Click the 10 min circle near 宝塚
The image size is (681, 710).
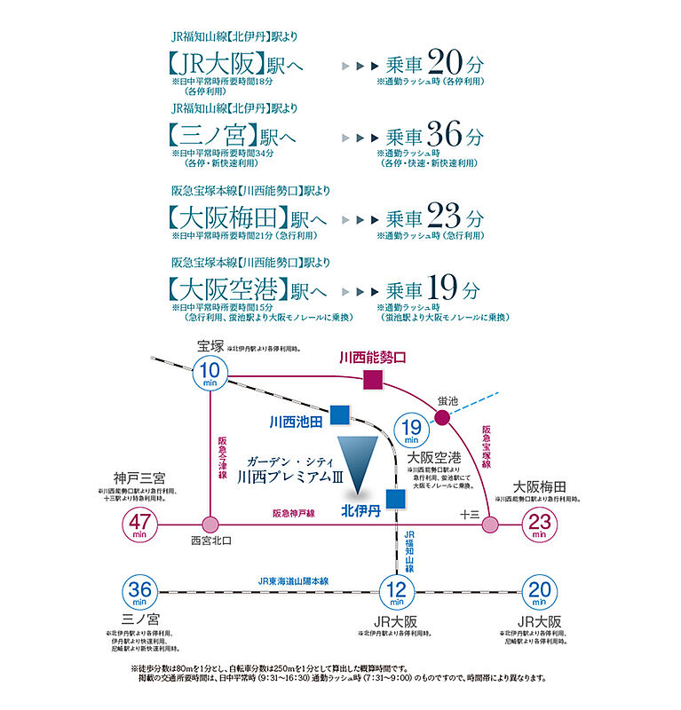pos(210,375)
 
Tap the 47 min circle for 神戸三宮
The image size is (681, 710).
pos(142,525)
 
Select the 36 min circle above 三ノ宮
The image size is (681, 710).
pos(142,591)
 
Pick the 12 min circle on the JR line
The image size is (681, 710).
pos(397,591)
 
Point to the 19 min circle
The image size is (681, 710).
pos(411,430)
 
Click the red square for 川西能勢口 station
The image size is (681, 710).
pos(348,380)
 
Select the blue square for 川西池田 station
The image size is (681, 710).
pos(338,414)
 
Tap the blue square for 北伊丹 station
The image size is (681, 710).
pos(395,499)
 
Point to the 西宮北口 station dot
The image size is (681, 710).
pos(210,525)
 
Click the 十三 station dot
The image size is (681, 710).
pos(489,525)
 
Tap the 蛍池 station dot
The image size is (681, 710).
pos(441,416)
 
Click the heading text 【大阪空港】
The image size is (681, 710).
pos(234,290)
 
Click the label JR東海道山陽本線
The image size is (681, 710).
pos(294,580)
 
